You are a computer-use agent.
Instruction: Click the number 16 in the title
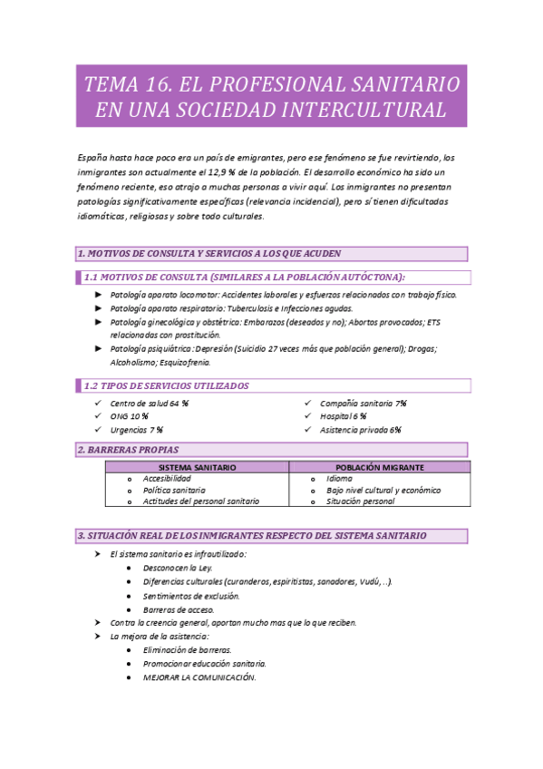click(153, 85)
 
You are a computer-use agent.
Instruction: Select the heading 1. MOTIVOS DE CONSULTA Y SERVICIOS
click(208, 253)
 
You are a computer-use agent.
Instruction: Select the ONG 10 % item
click(130, 416)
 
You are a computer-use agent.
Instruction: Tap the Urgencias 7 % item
click(136, 430)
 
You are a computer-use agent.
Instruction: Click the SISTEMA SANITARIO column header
click(197, 467)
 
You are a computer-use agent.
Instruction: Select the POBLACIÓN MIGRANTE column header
click(378, 467)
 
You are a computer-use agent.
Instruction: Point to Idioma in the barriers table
click(339, 478)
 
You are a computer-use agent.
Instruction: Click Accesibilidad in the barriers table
click(167, 478)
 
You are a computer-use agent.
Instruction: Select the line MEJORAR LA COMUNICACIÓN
click(199, 677)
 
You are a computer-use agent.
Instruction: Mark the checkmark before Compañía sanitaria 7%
click(308, 403)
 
